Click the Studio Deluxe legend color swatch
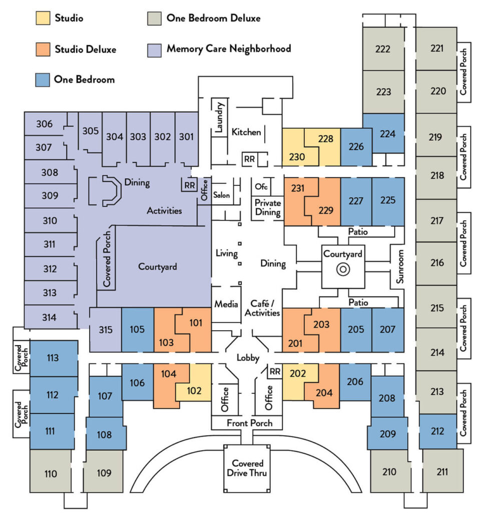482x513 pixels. point(43,49)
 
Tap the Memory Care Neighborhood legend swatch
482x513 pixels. point(154,50)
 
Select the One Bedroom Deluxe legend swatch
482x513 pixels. point(154,19)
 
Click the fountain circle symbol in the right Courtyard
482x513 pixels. point(343,270)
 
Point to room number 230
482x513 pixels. point(297,157)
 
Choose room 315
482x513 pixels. point(106,330)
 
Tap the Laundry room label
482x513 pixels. point(220,117)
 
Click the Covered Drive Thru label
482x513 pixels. point(247,468)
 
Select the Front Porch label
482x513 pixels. point(249,423)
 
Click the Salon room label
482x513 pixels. point(221,195)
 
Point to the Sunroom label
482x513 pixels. point(400,267)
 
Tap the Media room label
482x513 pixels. point(226,304)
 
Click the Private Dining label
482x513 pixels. point(268,207)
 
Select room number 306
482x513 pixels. point(44,124)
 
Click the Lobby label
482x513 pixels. point(248,358)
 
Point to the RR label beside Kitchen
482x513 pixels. point(249,159)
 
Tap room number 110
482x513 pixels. point(51,474)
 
